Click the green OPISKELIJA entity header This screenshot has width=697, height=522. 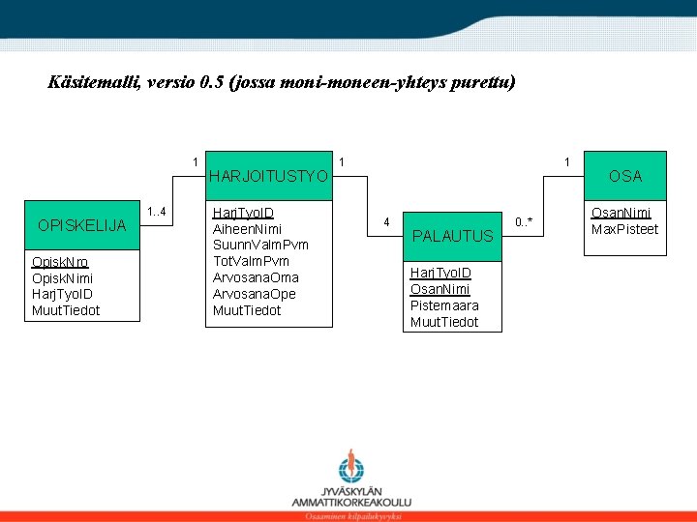click(82, 225)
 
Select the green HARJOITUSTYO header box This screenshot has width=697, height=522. click(270, 175)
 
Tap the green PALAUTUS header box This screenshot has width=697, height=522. click(452, 235)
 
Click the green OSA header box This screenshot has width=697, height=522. click(625, 175)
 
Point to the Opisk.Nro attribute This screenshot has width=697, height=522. click(60, 262)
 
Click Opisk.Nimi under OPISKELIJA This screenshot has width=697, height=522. click(63, 277)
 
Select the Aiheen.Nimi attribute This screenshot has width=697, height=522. click(247, 228)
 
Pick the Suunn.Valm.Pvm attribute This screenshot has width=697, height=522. click(259, 245)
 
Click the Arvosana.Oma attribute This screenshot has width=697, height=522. click(256, 277)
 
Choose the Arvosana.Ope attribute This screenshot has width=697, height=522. click(255, 294)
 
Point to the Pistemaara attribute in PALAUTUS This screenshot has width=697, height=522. click(444, 305)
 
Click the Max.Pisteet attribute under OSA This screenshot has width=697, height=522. click(624, 229)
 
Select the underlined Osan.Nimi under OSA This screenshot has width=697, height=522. click(621, 213)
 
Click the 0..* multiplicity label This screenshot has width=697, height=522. click(524, 222)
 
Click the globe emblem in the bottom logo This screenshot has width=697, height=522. click(351, 470)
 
